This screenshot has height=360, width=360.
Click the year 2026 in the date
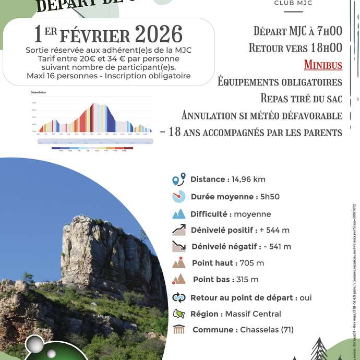pyautogui.click(x=159, y=34)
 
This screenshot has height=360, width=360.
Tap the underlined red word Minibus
pyautogui.click(x=323, y=65)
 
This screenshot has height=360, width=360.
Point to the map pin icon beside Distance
pyautogui.click(x=179, y=179)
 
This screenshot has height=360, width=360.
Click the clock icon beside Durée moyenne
pyautogui.click(x=178, y=197)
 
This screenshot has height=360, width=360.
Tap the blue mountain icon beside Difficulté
pyautogui.click(x=179, y=214)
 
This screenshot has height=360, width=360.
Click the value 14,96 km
pyautogui.click(x=247, y=179)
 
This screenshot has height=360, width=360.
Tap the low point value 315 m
pyautogui.click(x=247, y=280)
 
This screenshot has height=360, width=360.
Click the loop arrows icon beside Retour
pyautogui.click(x=179, y=297)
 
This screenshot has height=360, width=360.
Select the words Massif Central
pyautogui.click(x=253, y=314)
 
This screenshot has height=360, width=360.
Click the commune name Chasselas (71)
pyautogui.click(x=267, y=330)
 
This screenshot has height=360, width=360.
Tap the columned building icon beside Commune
pyautogui.click(x=179, y=330)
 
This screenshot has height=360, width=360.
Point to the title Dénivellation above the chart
pyautogui.click(x=38, y=92)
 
